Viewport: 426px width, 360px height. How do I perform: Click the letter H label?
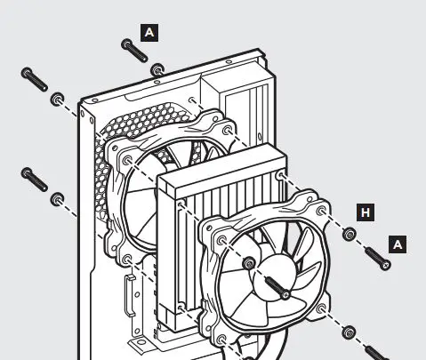(x=364, y=212)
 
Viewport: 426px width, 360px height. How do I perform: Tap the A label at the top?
(x=149, y=32)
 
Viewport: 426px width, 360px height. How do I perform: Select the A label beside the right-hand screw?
(x=398, y=243)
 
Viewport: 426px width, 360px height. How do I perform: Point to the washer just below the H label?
(x=349, y=236)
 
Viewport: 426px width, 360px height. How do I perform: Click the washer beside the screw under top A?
(x=157, y=68)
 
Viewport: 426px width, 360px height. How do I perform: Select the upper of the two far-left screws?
(x=33, y=79)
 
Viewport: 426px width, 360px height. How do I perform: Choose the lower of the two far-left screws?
(x=33, y=180)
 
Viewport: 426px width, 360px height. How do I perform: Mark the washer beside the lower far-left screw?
(x=59, y=197)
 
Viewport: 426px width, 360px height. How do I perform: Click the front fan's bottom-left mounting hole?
(x=219, y=340)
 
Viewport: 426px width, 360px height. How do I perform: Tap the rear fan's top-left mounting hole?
(x=125, y=160)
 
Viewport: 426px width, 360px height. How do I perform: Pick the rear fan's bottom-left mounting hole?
(x=127, y=260)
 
